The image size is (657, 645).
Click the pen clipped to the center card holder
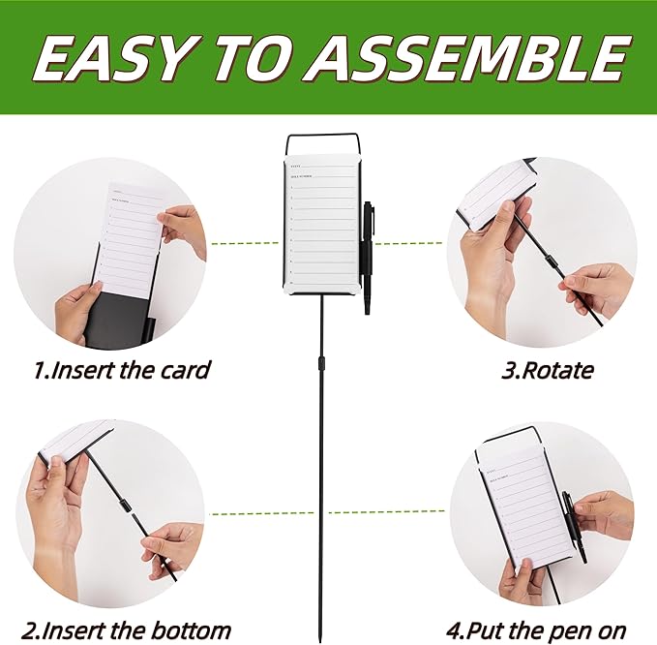click(368, 257)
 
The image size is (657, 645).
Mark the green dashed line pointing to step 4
click(387, 512)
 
